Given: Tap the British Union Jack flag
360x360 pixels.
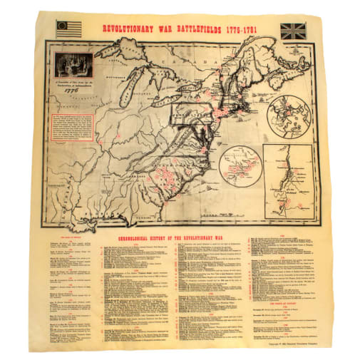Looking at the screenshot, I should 292,31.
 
